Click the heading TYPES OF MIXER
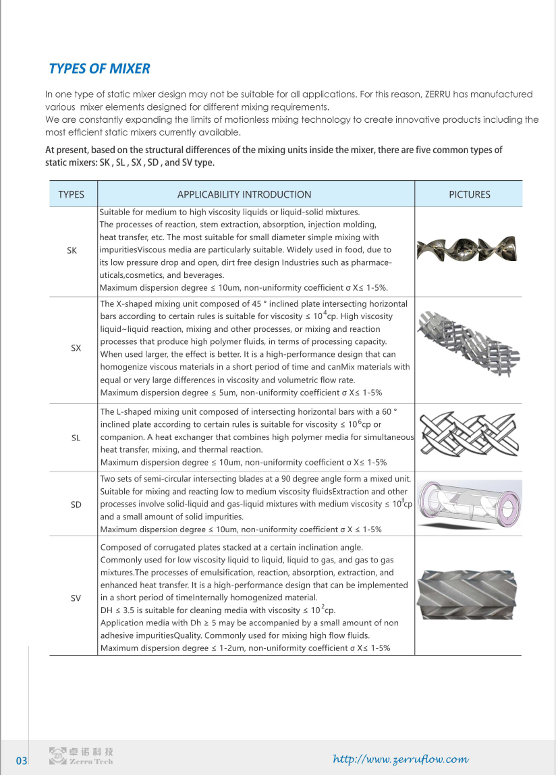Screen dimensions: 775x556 tap(99, 69)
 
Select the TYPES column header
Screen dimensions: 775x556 tap(72, 194)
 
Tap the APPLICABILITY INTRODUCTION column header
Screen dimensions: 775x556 tap(244, 194)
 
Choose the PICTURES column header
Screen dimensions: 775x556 tap(469, 194)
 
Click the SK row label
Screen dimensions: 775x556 tap(72, 250)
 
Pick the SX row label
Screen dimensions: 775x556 tap(76, 348)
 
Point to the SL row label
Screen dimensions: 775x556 tap(76, 438)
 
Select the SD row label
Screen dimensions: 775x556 tap(76, 505)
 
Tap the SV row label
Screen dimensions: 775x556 tap(76, 598)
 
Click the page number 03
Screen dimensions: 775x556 tap(22, 761)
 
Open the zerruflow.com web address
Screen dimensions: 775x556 tap(401, 759)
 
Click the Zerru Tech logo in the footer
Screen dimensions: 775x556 tap(82, 756)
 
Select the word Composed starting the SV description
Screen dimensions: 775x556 tap(120, 547)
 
